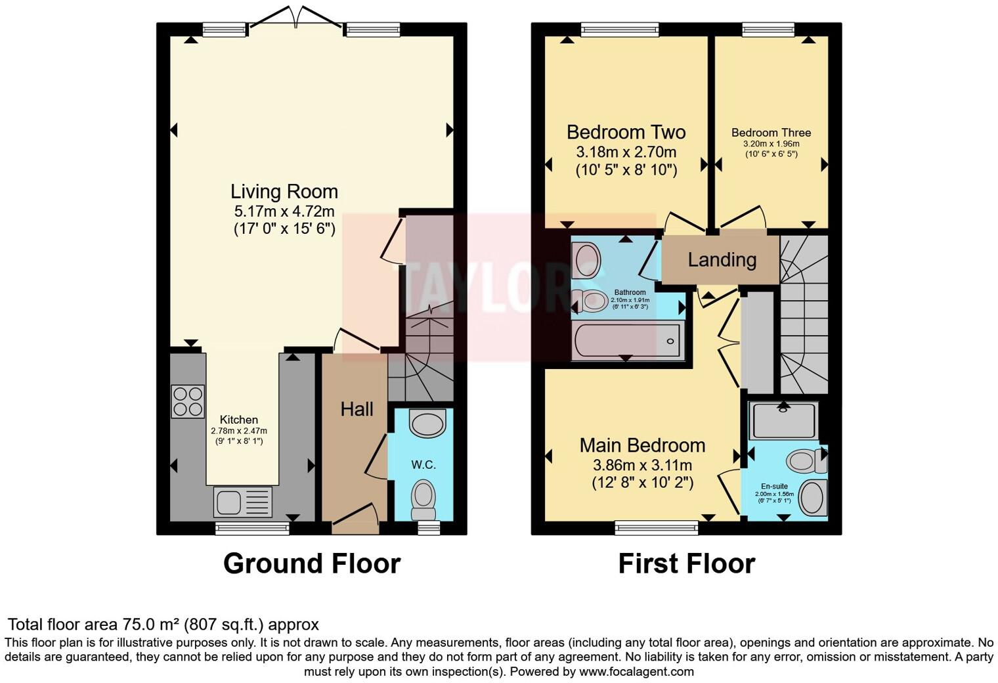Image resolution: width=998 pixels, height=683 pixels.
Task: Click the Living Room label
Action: pyautogui.click(x=284, y=192)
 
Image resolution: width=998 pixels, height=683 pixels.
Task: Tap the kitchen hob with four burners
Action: pyautogui.click(x=187, y=401)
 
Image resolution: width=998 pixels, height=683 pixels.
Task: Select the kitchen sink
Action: pyautogui.click(x=242, y=502)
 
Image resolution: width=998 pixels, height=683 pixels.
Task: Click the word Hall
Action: pyautogui.click(x=357, y=409)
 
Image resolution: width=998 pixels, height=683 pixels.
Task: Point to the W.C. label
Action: pyautogui.click(x=423, y=464)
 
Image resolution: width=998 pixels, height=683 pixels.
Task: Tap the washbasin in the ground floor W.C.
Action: pyautogui.click(x=427, y=422)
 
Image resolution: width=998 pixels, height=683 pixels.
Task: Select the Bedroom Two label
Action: pyautogui.click(x=626, y=132)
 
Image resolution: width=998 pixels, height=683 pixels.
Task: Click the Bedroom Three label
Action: pyautogui.click(x=771, y=133)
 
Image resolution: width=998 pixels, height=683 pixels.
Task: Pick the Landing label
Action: pyautogui.click(x=722, y=260)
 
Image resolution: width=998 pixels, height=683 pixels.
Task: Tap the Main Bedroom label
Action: pyautogui.click(x=642, y=445)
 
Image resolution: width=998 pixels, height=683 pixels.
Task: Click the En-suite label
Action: pyautogui.click(x=775, y=487)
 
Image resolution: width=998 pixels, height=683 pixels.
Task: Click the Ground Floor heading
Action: pyautogui.click(x=311, y=563)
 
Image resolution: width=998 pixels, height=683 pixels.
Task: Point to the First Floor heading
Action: pyautogui.click(x=686, y=563)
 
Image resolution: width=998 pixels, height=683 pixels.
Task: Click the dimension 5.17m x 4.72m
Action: pyautogui.click(x=284, y=211)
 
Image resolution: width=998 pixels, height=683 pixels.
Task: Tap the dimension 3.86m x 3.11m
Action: pyautogui.click(x=642, y=466)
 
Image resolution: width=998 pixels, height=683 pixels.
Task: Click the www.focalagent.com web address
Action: pyautogui.click(x=636, y=672)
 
